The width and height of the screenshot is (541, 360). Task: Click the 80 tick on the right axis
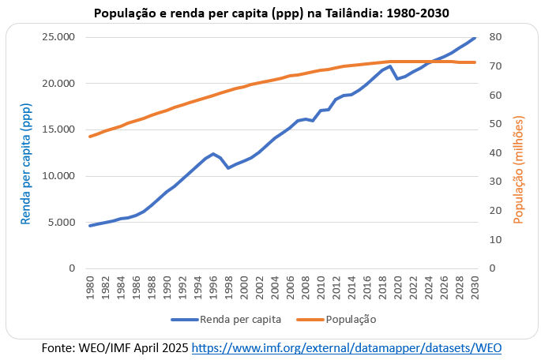[x=496, y=37]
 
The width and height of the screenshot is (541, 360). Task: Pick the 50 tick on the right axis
[x=496, y=124]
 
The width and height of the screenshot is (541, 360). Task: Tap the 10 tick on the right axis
[x=496, y=239]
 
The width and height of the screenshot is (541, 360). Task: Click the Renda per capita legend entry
[x=228, y=320]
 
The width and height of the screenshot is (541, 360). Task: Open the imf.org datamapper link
[x=347, y=347]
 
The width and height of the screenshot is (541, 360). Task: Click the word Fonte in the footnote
[x=57, y=347]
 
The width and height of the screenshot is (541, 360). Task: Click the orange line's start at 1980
[x=90, y=137]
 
